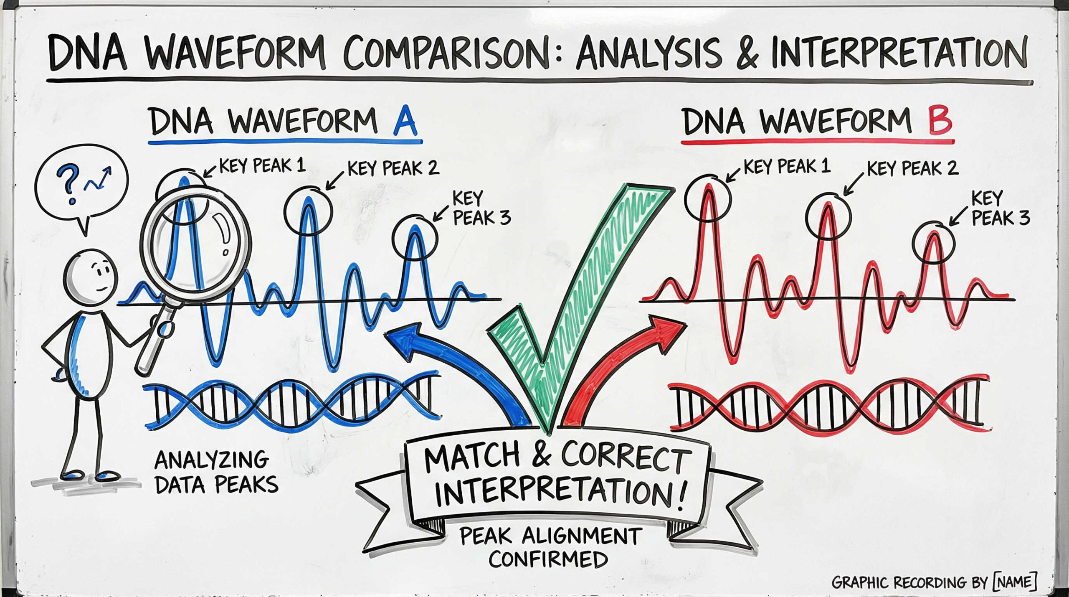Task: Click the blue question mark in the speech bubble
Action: click(68, 184)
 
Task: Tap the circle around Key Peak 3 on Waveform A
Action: click(415, 238)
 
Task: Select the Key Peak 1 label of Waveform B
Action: click(786, 166)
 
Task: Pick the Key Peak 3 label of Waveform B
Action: click(1001, 208)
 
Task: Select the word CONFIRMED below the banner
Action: click(548, 559)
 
